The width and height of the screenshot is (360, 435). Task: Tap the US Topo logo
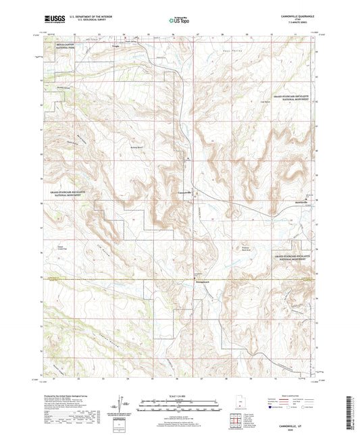coord(179,21)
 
